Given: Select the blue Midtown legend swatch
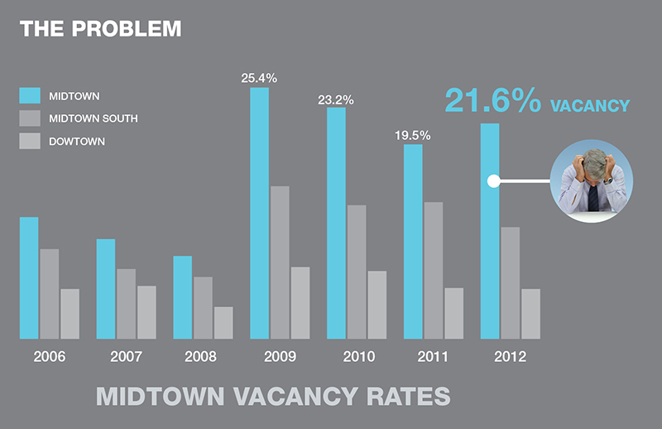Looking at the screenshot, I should click(30, 95).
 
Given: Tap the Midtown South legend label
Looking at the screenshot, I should click(94, 118).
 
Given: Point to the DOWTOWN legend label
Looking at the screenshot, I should click(77, 142).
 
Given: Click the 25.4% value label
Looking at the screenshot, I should click(259, 79).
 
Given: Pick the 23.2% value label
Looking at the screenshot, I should click(336, 99).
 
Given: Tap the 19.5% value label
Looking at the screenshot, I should click(413, 135).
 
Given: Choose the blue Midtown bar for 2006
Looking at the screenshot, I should click(29, 277).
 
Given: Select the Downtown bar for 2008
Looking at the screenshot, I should click(223, 323).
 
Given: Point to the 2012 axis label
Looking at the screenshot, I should click(510, 358).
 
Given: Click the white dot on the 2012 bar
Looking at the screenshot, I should click(493, 181).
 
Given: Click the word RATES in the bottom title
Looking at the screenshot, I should click(401, 395).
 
